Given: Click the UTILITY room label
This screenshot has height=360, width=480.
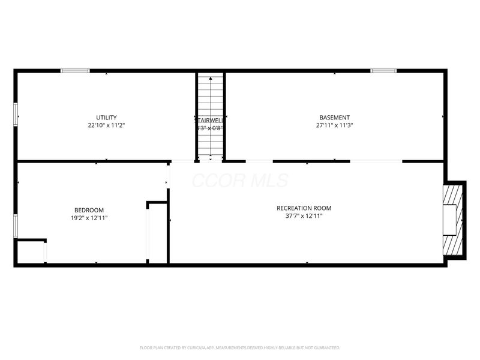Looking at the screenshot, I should point(106,118).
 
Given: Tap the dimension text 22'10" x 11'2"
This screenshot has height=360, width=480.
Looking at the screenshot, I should point(106,126).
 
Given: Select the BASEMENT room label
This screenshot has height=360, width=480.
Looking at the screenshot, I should point(334,118).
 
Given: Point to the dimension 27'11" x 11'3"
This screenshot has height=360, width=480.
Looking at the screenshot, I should point(334,126).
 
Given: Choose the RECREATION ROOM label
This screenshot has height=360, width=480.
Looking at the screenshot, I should point(304,208).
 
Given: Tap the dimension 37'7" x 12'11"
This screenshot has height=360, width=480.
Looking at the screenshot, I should point(304,217).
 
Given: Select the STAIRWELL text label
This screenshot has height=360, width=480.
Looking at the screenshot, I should point(209,119).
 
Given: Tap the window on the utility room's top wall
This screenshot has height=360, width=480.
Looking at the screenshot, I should point(75,71).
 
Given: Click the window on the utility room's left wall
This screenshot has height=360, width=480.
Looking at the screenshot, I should point(16,114).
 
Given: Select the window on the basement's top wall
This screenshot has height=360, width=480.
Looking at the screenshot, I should point(383,71).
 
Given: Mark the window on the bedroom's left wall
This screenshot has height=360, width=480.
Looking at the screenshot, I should point(16,226).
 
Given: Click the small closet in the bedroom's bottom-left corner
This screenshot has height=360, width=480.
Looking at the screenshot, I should point(31,252).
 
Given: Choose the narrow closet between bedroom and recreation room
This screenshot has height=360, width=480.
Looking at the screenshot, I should point(157,233).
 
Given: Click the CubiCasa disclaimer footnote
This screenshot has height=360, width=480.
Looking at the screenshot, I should point(239,347).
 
